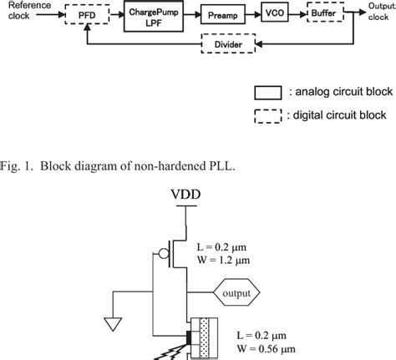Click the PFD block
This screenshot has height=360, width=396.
pos(86,15)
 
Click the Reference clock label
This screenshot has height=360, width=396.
pos(30,10)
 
